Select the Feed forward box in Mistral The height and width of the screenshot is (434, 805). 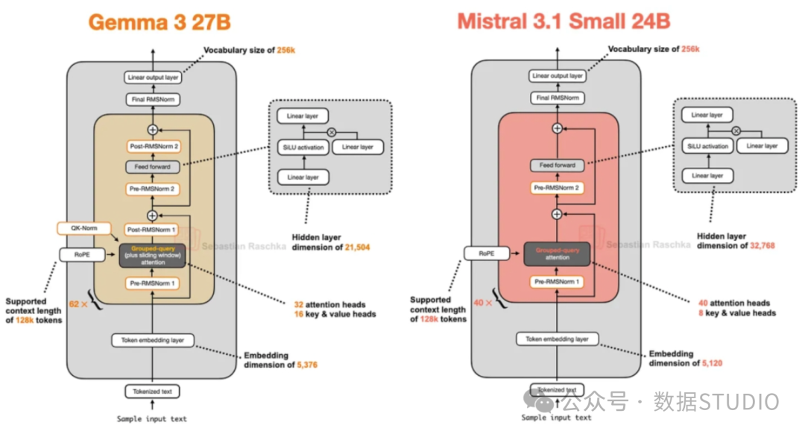tap(558, 166)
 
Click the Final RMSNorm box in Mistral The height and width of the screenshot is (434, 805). tap(558, 98)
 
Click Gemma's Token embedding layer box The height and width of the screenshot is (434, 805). tap(153, 341)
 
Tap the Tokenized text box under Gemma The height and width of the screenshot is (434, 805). tap(153, 391)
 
